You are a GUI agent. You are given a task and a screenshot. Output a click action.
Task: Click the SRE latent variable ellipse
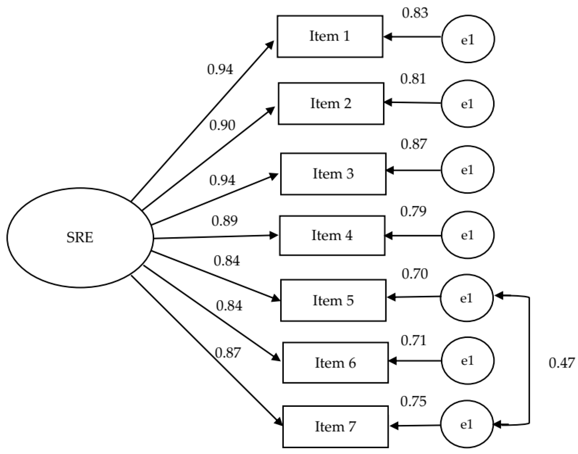click(80, 237)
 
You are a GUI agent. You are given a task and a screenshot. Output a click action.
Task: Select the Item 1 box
click(330, 36)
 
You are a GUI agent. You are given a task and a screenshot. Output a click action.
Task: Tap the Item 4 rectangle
click(332, 236)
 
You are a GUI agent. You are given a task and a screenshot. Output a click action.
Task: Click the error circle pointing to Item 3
click(468, 169)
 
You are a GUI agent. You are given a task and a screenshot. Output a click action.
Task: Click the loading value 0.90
click(222, 125)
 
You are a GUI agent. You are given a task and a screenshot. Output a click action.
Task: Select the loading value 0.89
click(224, 221)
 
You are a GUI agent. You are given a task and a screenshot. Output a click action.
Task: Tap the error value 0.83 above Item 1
click(415, 13)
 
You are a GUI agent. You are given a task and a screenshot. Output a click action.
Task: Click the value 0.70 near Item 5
click(414, 274)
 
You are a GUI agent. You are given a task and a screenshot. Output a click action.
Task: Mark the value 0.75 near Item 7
click(413, 401)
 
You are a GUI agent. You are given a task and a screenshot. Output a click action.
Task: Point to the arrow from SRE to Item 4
click(215, 237)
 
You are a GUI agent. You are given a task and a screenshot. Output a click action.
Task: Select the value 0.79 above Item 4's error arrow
click(413, 211)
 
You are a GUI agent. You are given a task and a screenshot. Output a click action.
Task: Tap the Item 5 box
click(333, 300)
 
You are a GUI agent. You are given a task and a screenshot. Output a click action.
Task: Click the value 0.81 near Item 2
click(413, 79)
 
